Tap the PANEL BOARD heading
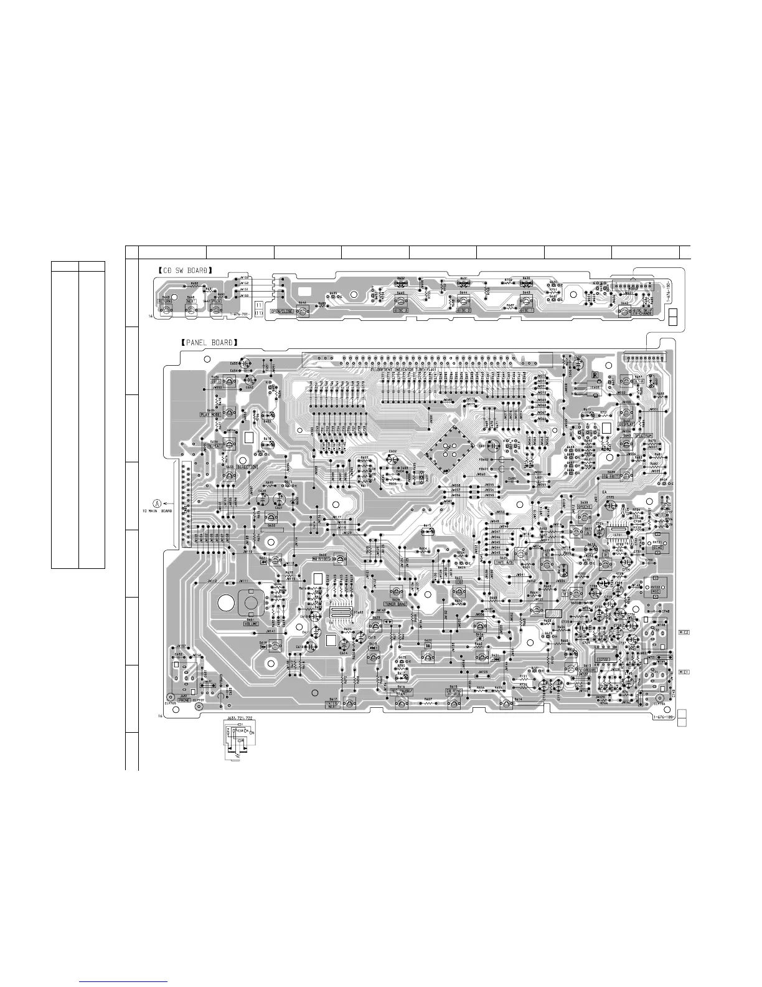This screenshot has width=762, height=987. (206, 343)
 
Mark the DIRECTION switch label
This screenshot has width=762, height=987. (247, 467)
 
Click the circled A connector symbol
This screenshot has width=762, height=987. (157, 503)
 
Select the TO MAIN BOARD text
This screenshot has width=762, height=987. (157, 512)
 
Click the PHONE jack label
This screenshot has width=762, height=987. (184, 700)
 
